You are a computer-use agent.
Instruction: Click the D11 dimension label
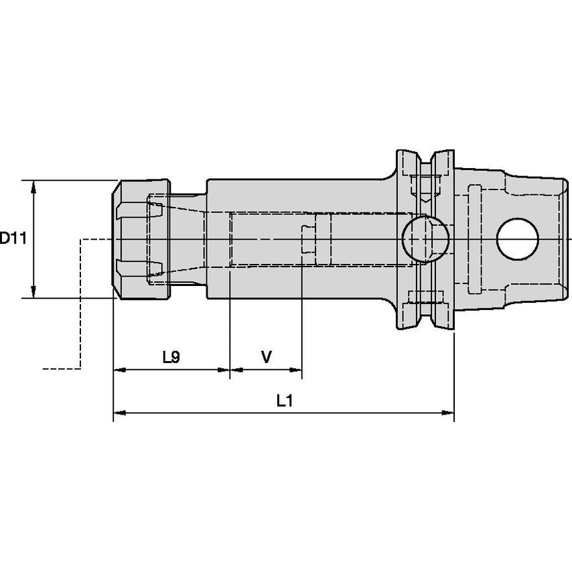(x=12, y=238)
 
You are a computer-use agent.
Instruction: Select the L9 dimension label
(x=171, y=357)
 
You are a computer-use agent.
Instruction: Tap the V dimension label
(x=266, y=357)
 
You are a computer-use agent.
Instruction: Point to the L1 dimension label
(x=285, y=401)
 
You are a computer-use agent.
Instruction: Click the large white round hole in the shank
(x=517, y=239)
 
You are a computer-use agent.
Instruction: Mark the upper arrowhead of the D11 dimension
(x=34, y=185)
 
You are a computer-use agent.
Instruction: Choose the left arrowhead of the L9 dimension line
(x=119, y=369)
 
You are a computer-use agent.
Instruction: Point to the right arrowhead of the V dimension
(x=296, y=369)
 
